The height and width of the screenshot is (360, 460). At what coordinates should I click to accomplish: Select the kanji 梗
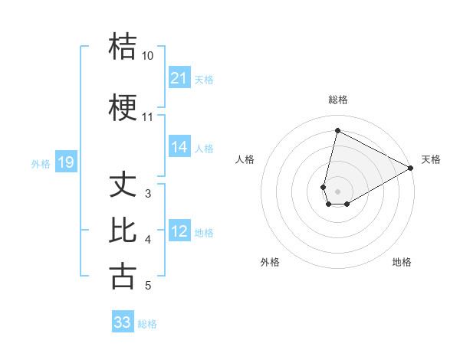[123, 107]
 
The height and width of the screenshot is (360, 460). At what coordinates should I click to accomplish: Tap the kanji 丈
[123, 184]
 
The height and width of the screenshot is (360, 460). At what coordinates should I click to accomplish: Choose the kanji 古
[123, 275]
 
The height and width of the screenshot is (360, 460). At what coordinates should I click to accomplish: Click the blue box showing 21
[179, 78]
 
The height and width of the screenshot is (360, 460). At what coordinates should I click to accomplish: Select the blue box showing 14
[179, 147]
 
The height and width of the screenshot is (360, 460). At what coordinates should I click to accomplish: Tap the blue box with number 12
[179, 231]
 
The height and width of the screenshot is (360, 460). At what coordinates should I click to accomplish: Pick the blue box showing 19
[66, 162]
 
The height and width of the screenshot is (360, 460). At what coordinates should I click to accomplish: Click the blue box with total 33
[123, 322]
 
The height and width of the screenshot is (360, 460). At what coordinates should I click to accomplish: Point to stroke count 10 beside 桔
[147, 56]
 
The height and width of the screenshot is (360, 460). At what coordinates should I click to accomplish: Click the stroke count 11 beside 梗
[147, 117]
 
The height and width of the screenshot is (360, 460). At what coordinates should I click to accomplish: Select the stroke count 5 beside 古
[148, 286]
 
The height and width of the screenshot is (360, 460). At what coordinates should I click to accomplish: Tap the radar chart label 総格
[337, 100]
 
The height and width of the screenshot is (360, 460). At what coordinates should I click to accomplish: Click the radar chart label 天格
[431, 159]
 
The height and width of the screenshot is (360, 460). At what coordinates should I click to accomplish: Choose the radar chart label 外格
[270, 262]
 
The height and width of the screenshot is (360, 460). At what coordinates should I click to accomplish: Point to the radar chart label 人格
[245, 159]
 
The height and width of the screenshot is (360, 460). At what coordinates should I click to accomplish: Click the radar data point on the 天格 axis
[412, 168]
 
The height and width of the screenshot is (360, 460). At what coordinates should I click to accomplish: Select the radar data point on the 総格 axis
[337, 130]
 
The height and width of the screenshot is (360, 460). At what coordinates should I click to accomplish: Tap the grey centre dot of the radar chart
[337, 191]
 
